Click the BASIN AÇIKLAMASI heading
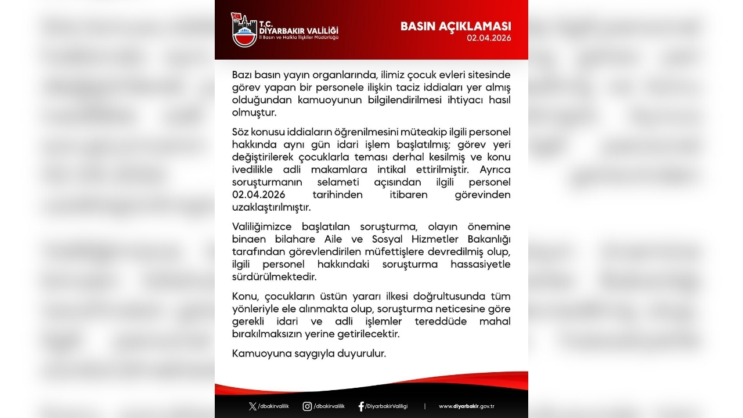tap(456, 26)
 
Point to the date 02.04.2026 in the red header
tap(489, 38)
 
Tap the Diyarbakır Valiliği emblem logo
tap(244, 31)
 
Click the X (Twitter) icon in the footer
tap(252, 406)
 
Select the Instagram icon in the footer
tap(307, 406)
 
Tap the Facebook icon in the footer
tap(361, 406)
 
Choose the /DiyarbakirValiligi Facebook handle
tap(387, 406)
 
